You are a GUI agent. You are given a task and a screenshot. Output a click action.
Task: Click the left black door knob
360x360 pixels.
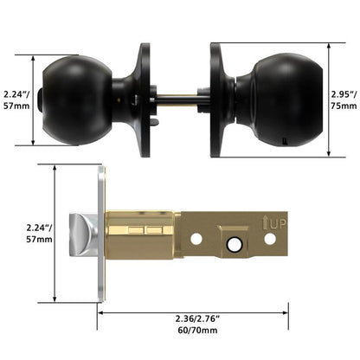[x=77, y=100]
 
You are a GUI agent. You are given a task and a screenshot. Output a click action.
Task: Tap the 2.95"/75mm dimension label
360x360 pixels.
[x=344, y=100]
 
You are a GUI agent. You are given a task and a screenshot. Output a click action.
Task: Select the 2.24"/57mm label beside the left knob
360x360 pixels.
[x=16, y=100]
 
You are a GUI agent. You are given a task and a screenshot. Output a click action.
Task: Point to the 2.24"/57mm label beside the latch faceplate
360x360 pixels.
[x=39, y=234]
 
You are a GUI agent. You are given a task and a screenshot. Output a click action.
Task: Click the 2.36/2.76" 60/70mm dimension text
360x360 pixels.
[x=197, y=325]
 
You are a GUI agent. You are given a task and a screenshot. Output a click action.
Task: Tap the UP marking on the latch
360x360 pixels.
[x=274, y=224]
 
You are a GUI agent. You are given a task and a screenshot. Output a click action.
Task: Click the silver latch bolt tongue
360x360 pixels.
[x=83, y=235]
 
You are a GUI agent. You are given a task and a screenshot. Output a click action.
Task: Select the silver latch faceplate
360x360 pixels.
[x=101, y=234]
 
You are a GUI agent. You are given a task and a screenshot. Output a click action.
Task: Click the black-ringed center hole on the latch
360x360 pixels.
[x=234, y=245]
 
